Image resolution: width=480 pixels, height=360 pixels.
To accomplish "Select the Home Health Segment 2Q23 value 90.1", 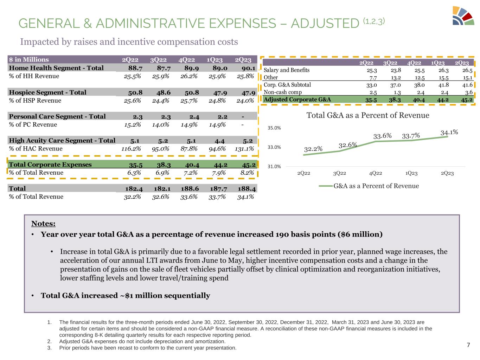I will (x=248, y=68).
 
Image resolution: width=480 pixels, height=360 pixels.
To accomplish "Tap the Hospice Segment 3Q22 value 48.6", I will (x=162, y=92).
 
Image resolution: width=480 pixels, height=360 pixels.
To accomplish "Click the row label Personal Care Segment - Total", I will (x=57, y=116).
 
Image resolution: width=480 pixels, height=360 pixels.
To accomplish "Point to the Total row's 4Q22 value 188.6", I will (x=190, y=188).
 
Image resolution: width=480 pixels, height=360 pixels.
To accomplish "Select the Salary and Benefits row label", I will (x=287, y=70).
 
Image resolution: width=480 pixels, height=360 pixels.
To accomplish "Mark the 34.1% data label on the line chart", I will (x=449, y=132).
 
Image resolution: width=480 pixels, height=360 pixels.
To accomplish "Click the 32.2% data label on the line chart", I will (x=313, y=149).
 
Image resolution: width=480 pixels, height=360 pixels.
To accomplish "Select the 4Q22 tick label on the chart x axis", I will (x=376, y=173).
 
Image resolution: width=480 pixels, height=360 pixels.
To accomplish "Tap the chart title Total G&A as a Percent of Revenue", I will (x=368, y=115).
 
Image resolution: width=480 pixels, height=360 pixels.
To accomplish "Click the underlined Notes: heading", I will (x=43, y=224).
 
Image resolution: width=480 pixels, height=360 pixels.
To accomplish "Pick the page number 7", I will (x=468, y=345).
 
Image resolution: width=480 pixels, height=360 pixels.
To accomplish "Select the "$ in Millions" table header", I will (x=29, y=59).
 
